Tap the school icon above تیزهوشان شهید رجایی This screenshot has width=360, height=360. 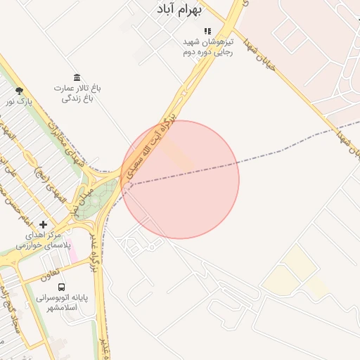207,31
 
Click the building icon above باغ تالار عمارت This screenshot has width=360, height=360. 76,77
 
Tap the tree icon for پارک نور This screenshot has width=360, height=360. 18,91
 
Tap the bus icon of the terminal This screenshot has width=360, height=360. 62,287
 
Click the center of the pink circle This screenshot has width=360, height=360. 180,179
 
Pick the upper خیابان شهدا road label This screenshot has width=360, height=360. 257,53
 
